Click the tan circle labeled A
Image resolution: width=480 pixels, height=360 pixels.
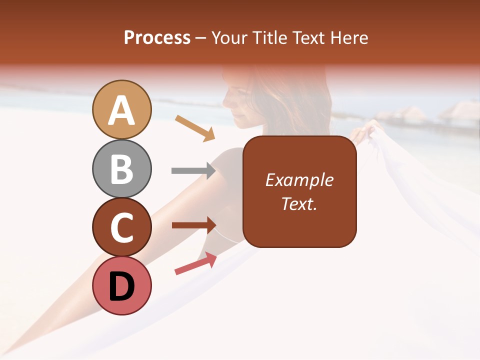click(122, 109)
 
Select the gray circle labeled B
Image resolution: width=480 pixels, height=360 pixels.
click(122, 168)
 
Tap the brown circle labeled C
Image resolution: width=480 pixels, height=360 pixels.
click(122, 227)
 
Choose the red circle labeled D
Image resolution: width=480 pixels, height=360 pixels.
click(122, 285)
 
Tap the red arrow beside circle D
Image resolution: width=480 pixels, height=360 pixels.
click(195, 263)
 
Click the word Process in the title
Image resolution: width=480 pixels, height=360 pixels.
click(157, 37)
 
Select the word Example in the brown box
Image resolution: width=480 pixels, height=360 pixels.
click(299, 180)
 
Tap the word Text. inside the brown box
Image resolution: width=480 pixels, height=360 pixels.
click(299, 203)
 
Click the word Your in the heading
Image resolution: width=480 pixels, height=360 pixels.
click(229, 37)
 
